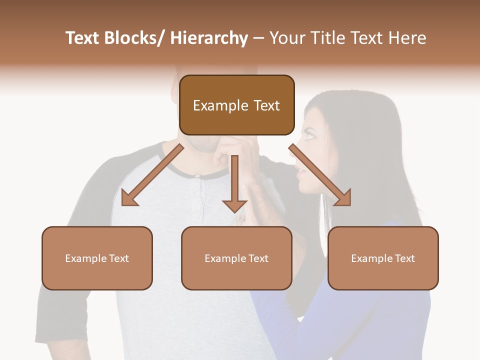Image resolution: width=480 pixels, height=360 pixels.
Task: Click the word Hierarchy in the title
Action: click(x=209, y=38)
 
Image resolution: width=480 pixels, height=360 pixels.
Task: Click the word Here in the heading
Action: click(x=406, y=38)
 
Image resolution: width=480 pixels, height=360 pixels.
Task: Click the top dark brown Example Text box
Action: click(x=236, y=105)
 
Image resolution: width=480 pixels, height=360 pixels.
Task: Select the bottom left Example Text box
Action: click(x=97, y=258)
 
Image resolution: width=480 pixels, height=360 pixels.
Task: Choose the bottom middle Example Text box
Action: click(x=236, y=258)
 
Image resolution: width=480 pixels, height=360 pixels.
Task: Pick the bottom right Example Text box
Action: click(x=383, y=258)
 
